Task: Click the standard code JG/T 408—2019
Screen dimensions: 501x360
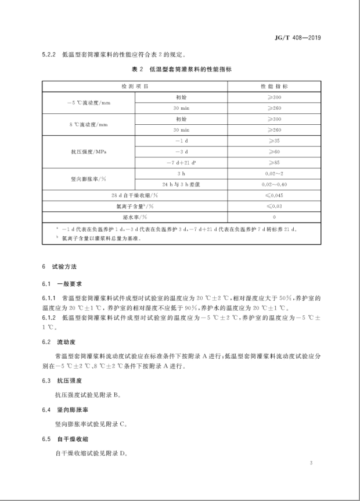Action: point(298,38)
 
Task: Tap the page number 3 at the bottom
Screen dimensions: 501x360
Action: point(311,463)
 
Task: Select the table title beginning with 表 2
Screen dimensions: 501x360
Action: point(179,70)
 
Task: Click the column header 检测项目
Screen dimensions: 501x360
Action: point(135,86)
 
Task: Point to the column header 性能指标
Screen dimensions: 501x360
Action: point(271,86)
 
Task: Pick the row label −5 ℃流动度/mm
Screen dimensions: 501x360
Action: point(88,102)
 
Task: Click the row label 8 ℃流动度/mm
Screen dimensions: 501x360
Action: point(88,124)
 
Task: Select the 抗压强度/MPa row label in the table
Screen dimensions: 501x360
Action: point(88,151)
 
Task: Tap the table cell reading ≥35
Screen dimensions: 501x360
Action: point(271,140)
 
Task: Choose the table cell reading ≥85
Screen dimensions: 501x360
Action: point(271,162)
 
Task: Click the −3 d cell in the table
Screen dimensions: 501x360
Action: point(181,151)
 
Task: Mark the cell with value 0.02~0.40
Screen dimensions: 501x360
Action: point(271,184)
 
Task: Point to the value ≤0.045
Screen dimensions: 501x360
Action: point(271,195)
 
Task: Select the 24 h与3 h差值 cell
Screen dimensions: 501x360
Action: point(181,184)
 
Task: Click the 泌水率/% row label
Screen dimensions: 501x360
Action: point(135,216)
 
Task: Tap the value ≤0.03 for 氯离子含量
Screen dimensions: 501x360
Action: point(271,206)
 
